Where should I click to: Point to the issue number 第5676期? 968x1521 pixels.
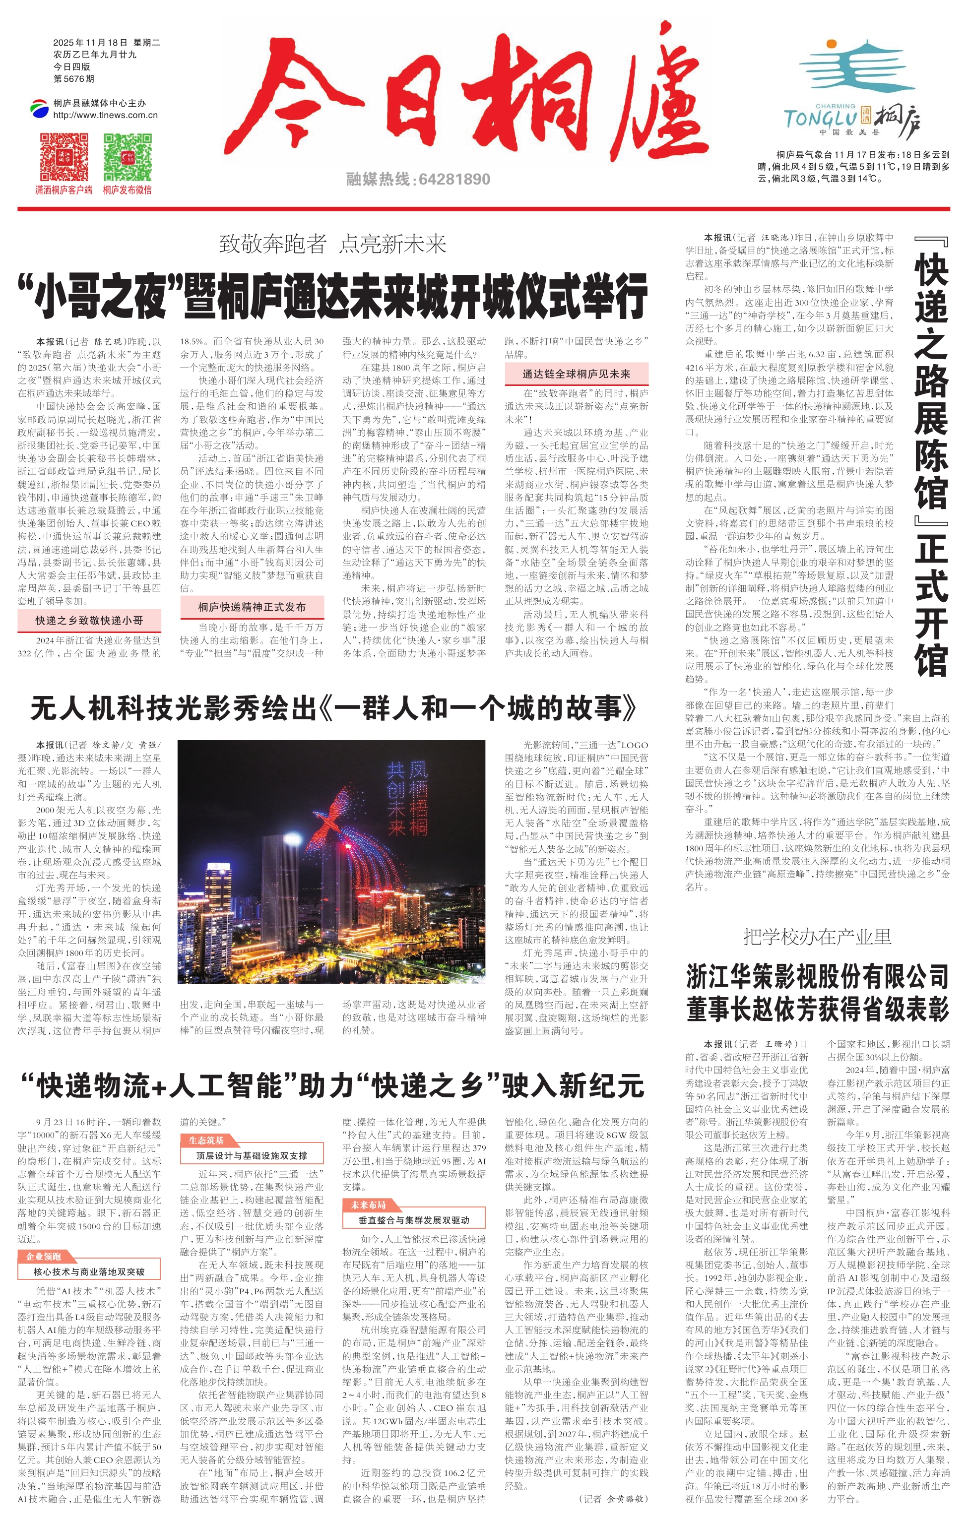coord(74,79)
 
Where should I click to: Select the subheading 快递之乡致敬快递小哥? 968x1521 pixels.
coord(89,620)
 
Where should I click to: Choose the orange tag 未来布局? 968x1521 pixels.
coord(368,1204)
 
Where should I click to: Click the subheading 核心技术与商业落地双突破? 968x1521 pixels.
coord(89,1271)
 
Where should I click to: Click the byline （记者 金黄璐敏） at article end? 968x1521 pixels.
coord(612,1498)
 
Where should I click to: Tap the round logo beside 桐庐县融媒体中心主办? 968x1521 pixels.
coord(39,109)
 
